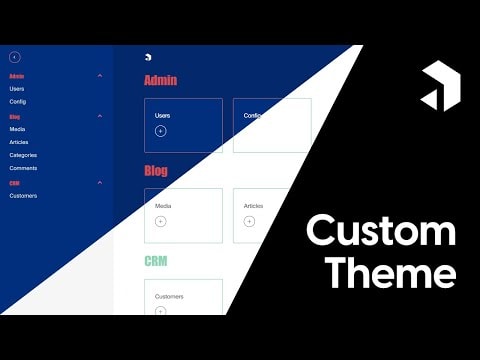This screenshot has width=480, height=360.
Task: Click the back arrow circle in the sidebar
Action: pos(14,57)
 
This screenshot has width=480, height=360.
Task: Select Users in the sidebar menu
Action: pos(17,89)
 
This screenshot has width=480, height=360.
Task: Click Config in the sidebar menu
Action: pos(18,102)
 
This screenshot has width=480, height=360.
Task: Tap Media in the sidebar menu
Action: pos(18,129)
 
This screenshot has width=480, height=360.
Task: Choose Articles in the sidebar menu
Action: pos(19,142)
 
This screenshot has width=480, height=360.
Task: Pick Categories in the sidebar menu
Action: pos(23,155)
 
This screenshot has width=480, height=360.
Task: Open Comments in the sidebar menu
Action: pos(23,168)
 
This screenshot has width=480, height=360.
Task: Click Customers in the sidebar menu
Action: pos(23,196)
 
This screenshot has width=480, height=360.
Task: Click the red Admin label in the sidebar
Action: pos(17,76)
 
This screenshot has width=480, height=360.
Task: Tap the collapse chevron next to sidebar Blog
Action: pos(100,116)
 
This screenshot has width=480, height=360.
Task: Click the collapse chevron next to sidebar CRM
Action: pos(100,183)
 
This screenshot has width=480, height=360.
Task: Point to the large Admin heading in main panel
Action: pos(160,80)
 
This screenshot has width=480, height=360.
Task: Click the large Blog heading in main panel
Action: pos(156,171)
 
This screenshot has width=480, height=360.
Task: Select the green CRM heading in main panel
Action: pos(155,261)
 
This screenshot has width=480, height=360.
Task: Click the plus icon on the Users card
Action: pos(161,131)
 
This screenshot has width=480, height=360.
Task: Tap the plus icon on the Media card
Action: pos(161,221)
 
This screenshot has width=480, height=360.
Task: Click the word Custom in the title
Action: pos(380,231)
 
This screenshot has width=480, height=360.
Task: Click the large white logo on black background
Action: pos(440,87)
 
